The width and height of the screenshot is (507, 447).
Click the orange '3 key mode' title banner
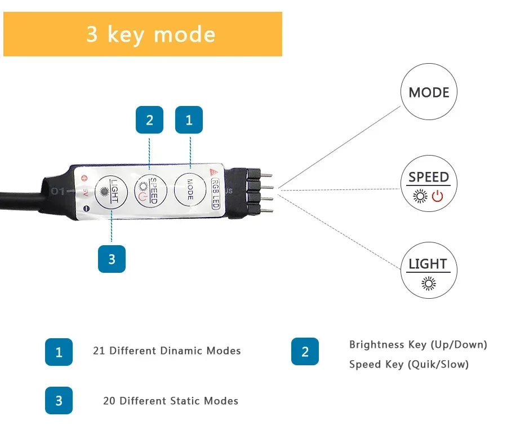(143, 34)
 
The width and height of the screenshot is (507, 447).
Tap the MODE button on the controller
(190, 190)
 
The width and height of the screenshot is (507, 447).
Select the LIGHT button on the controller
(111, 192)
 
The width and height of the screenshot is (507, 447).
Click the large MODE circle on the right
(429, 92)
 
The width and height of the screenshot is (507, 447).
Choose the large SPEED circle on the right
(429, 184)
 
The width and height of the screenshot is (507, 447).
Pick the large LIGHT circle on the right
(429, 271)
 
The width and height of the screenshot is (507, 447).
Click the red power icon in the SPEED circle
(438, 196)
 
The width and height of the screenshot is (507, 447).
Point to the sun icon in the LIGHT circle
(429, 283)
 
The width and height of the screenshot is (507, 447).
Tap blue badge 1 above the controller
(189, 120)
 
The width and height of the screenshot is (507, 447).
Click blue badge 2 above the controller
(149, 120)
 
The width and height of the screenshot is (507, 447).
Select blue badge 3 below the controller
(112, 259)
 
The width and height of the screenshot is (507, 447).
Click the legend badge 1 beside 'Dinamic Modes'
(59, 352)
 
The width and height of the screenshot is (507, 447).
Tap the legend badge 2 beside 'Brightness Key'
(305, 352)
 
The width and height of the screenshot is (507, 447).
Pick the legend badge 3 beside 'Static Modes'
(59, 401)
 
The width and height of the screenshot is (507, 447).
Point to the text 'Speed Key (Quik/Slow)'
(408, 364)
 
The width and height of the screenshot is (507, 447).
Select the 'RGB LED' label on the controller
(215, 193)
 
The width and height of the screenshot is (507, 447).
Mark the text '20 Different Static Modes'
(170, 401)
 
